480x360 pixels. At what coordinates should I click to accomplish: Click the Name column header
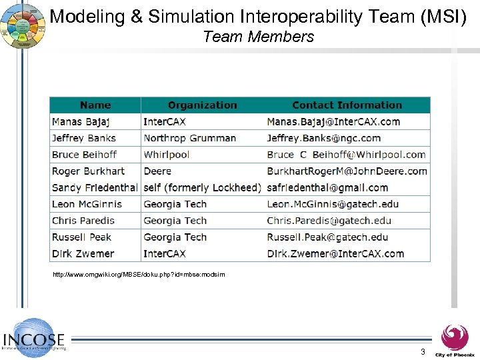95,105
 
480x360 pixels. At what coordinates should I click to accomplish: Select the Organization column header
202,105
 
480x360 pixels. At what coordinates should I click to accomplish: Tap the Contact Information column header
347,105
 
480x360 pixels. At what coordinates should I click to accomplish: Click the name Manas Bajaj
81,121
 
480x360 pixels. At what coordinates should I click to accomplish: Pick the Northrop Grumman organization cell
189,138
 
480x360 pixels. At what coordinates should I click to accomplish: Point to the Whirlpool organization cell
166,155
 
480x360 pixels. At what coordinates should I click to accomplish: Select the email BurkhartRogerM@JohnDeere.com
347,171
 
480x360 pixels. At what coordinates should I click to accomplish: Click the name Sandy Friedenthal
95,187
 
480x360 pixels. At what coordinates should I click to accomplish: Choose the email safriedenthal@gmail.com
327,187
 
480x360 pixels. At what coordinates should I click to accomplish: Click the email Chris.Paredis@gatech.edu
329,221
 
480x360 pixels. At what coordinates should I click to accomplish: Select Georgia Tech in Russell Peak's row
175,237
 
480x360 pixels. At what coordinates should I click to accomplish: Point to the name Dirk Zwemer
83,253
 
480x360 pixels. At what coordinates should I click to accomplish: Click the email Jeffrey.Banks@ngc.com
323,138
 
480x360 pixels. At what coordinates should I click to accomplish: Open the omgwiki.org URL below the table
139,275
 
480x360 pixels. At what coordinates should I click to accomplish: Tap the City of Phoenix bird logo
455,336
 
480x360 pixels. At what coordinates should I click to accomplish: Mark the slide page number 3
423,351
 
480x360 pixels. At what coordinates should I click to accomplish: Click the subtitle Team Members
258,37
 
